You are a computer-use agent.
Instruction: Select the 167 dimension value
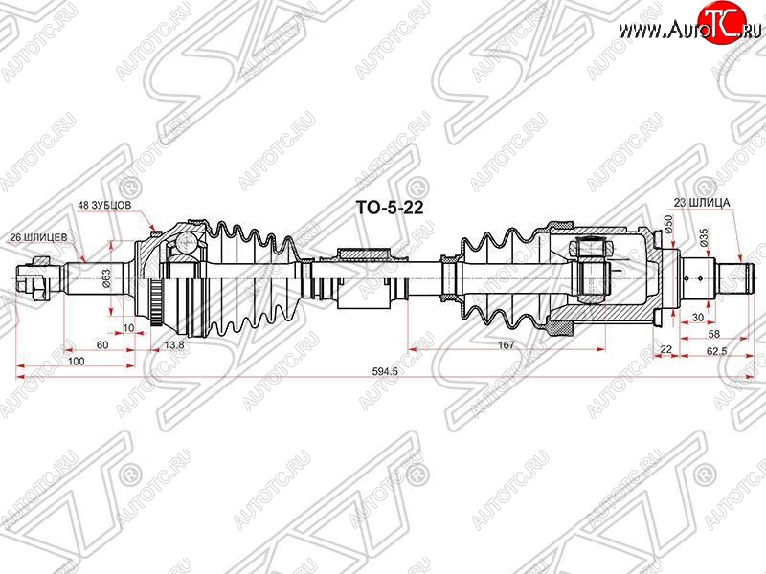(x=507, y=344)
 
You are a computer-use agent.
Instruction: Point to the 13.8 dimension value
(x=174, y=344)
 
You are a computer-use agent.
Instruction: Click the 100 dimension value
(x=76, y=362)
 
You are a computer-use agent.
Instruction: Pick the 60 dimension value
(x=102, y=344)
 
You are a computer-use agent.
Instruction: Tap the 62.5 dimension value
(x=716, y=350)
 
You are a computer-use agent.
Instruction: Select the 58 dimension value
(x=713, y=334)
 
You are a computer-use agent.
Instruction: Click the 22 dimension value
(x=665, y=349)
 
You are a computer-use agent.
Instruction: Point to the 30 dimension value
(x=698, y=318)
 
